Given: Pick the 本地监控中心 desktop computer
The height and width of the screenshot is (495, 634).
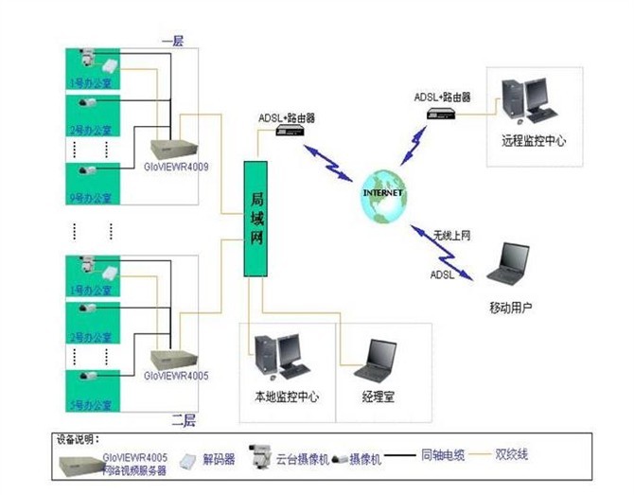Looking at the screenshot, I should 280,357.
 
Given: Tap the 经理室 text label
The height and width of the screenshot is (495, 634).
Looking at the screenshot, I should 377,397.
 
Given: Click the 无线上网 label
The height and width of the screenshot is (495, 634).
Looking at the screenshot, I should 451,234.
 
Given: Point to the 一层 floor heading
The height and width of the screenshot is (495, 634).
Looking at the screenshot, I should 172,41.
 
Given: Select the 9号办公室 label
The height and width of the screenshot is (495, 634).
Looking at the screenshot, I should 91,199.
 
